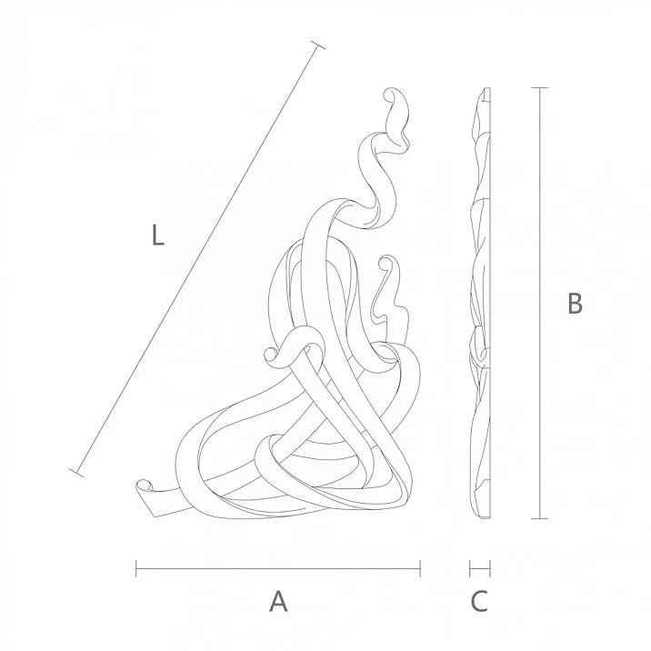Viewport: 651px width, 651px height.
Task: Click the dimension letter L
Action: pyautogui.click(x=157, y=237)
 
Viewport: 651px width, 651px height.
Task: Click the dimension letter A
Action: pyautogui.click(x=278, y=601)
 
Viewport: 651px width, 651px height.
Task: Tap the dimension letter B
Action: pyautogui.click(x=574, y=304)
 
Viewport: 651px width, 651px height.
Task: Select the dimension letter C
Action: pyautogui.click(x=479, y=601)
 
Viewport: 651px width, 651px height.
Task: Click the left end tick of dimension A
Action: pyautogui.click(x=136, y=569)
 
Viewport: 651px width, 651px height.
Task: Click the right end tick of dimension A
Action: pyautogui.click(x=420, y=569)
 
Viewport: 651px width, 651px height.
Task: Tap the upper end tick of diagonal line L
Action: pyautogui.click(x=317, y=46)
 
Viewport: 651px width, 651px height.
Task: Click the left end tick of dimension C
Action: pyautogui.click(x=469, y=569)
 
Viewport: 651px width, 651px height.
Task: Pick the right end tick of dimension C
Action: pyautogui.click(x=491, y=569)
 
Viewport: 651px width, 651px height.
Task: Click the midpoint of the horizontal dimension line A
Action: pyautogui.click(x=278, y=569)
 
